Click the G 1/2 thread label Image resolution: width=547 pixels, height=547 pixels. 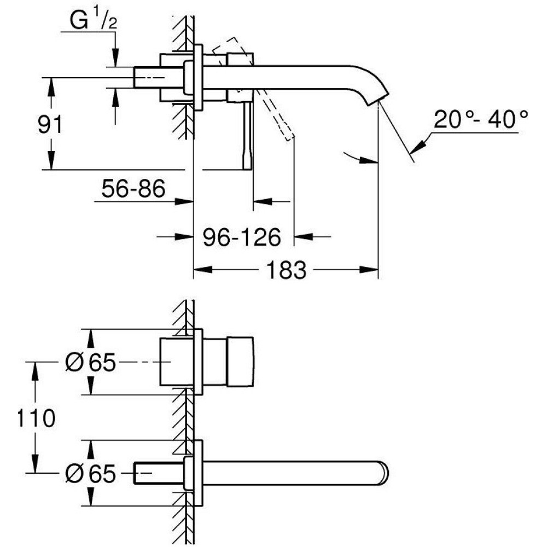pyautogui.click(x=93, y=21)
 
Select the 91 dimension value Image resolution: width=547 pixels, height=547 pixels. pyautogui.click(x=50, y=124)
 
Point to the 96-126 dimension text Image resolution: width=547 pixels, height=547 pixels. pyautogui.click(x=242, y=237)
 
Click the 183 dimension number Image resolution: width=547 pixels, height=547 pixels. pyautogui.click(x=286, y=270)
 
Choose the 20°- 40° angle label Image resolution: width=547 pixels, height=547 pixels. pyautogui.click(x=481, y=119)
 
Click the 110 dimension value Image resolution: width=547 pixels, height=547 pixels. pyautogui.click(x=36, y=418)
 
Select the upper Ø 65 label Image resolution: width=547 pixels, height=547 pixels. pyautogui.click(x=90, y=362)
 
